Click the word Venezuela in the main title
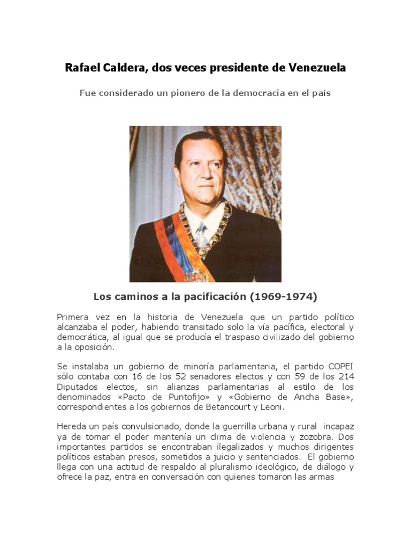(x=317, y=69)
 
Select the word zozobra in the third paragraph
(x=308, y=437)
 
